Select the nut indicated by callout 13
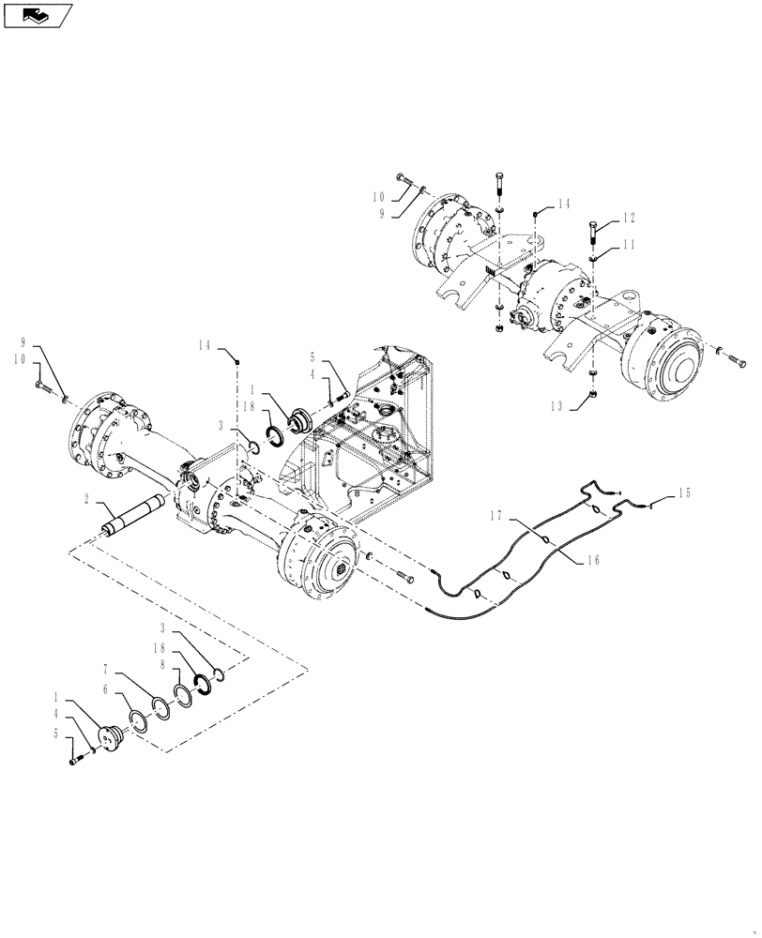pyautogui.click(x=594, y=397)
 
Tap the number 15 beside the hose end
pyautogui.click(x=684, y=492)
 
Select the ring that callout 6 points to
pyautogui.click(x=137, y=720)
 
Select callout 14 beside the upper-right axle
pyautogui.click(x=562, y=203)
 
